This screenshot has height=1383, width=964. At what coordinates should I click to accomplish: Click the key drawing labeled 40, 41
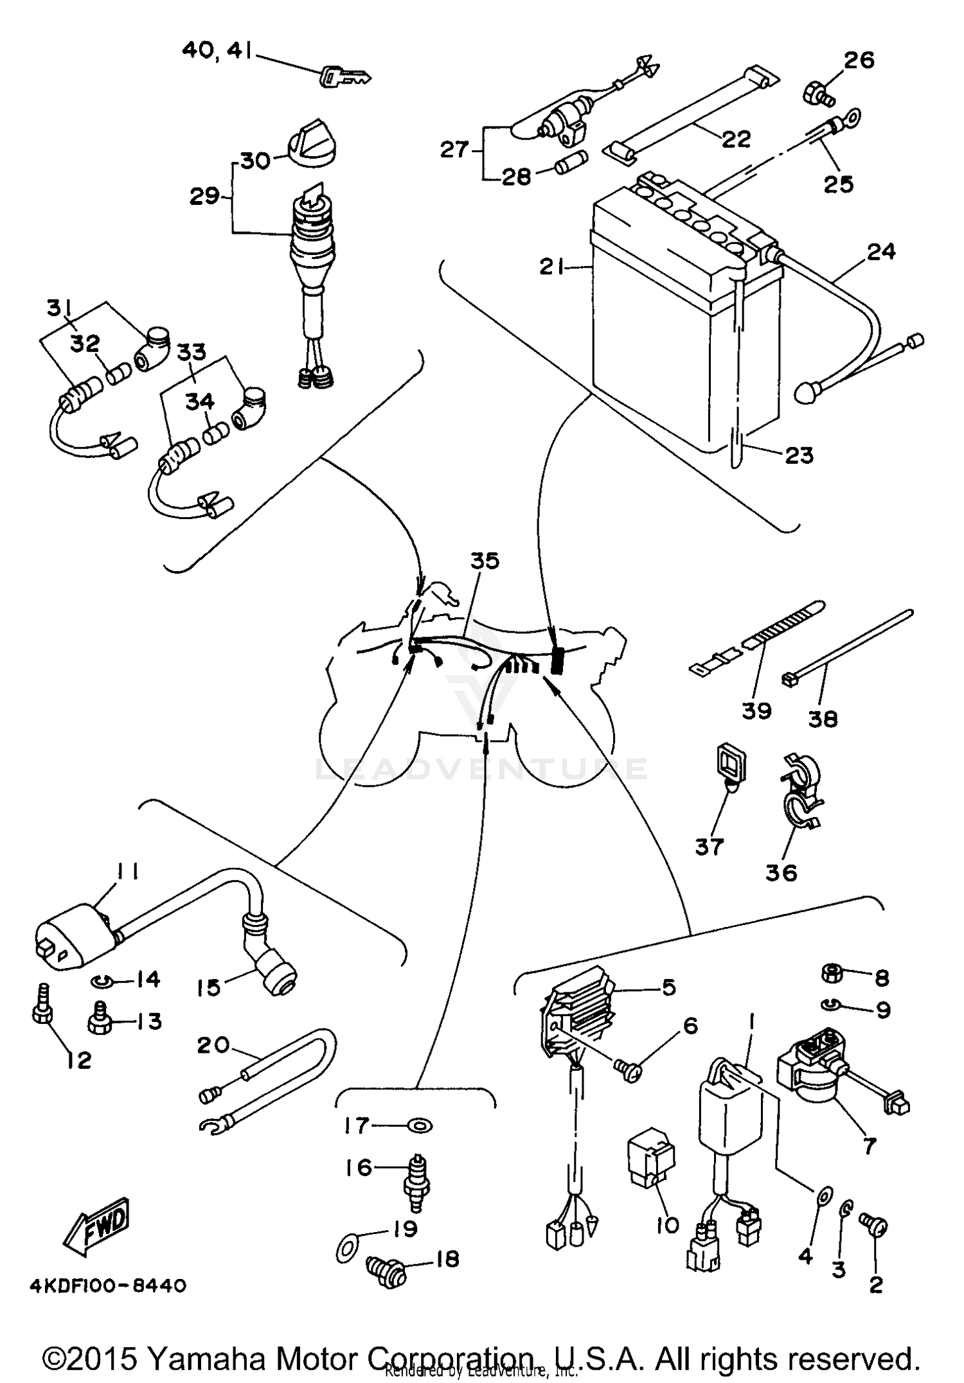(344, 77)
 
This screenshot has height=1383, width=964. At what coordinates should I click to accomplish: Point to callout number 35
(485, 561)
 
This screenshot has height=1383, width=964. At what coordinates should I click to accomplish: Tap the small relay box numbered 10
(650, 1161)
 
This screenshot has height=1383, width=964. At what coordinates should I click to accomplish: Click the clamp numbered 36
(800, 793)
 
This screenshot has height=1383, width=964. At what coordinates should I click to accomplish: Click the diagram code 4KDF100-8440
(107, 1286)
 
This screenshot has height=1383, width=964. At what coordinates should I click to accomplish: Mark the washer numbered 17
(420, 1125)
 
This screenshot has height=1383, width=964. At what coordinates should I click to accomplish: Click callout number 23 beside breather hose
(799, 455)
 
